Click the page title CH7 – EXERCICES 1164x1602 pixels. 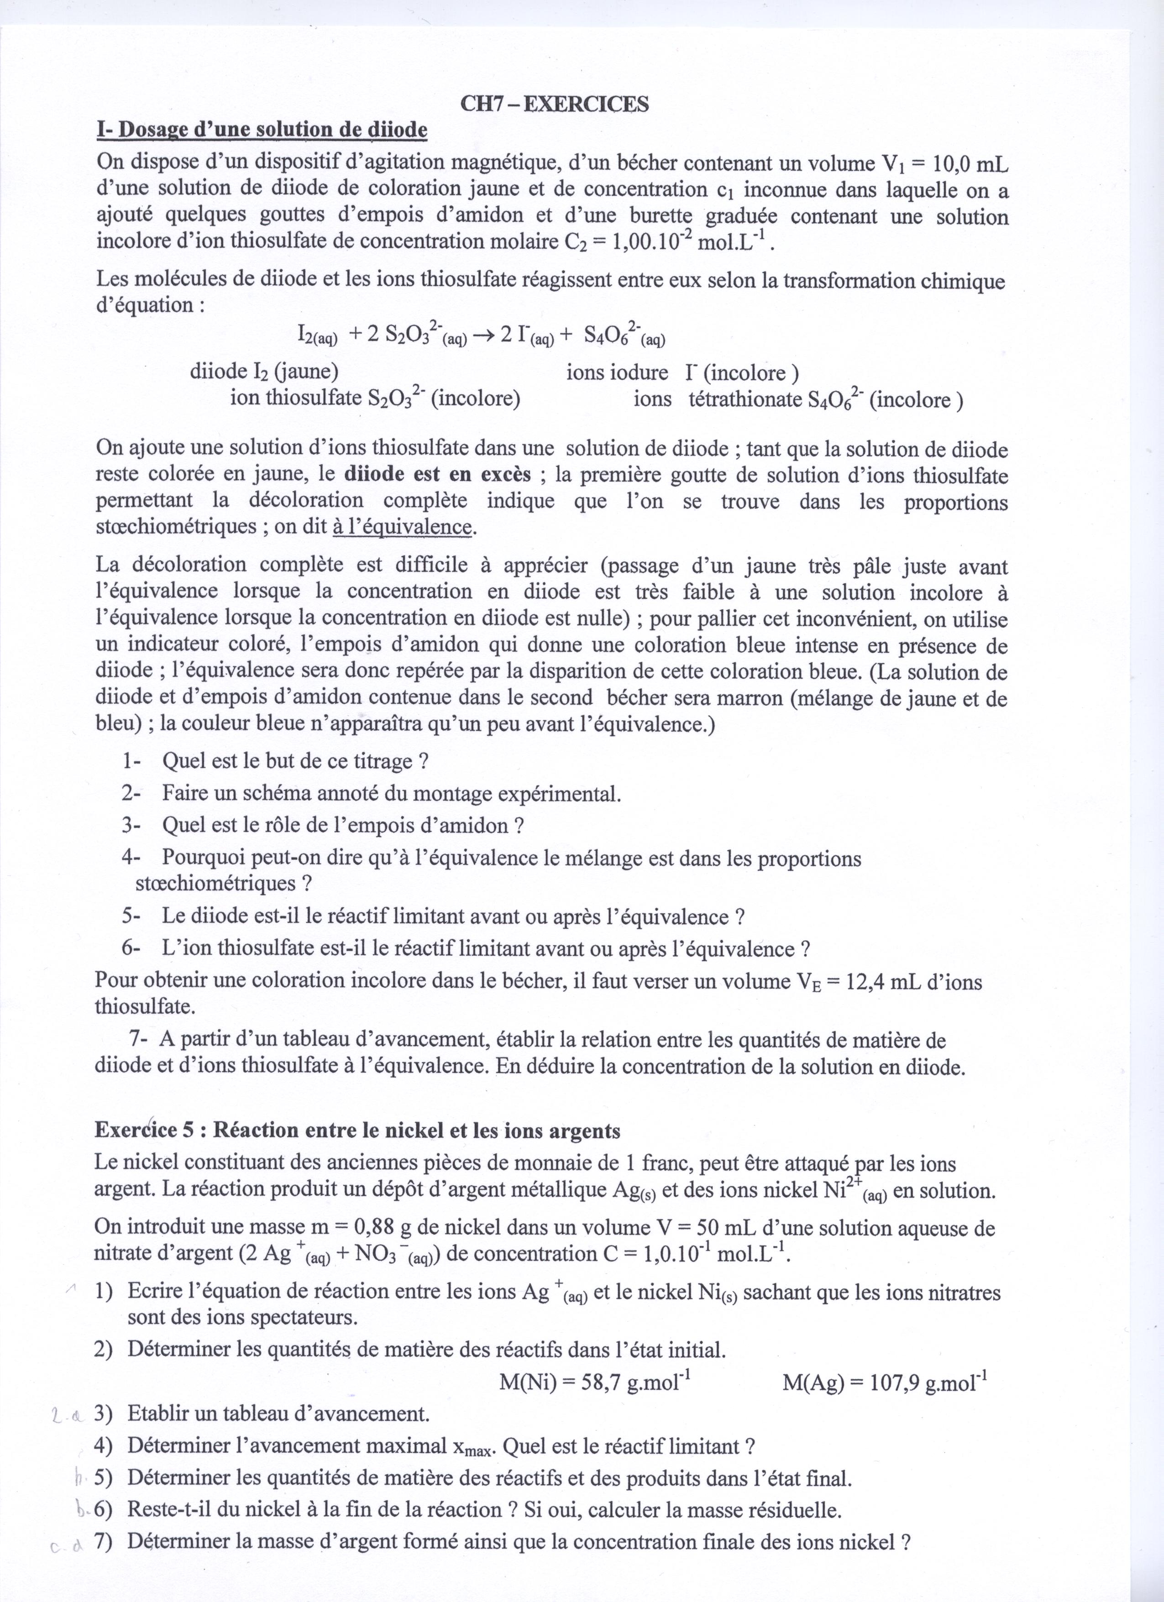555,105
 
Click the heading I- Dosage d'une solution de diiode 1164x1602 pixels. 262,130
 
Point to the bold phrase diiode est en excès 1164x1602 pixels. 439,475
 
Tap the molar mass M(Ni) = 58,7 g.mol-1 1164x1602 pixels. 595,1382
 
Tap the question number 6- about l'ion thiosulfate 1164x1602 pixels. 131,948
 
